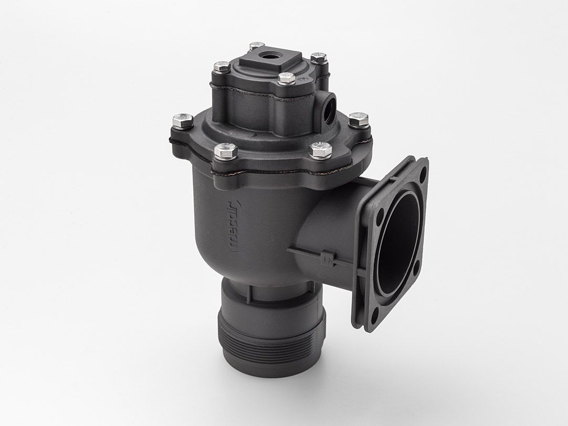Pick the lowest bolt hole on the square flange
[x=374, y=315]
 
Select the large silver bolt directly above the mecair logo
[x=226, y=151]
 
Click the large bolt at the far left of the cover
[x=182, y=121]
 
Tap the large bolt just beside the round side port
[x=358, y=120]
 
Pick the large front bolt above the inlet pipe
[x=320, y=150]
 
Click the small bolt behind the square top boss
[x=257, y=46]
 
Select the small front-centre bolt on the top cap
[x=286, y=79]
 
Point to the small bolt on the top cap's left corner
[x=221, y=67]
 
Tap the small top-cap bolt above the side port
[x=319, y=57]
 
